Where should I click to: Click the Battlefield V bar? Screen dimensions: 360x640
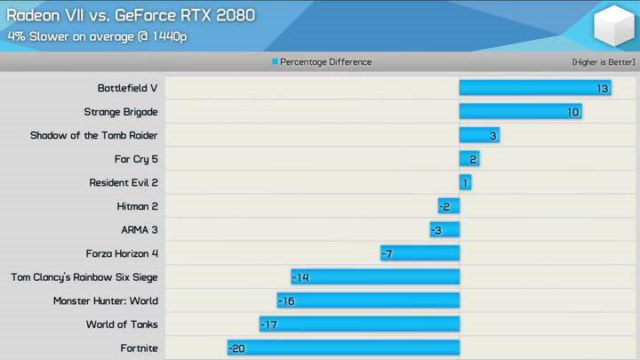[534, 88]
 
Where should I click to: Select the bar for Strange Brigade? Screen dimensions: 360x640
[520, 112]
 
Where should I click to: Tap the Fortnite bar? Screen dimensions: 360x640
[343, 348]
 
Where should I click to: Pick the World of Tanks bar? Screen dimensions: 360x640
[359, 324]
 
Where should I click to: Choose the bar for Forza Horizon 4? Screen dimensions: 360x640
[420, 253]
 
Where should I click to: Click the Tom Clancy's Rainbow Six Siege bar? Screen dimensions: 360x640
[375, 277]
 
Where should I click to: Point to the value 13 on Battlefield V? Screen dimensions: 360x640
[603, 88]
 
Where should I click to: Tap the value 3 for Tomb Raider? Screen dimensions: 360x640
[493, 135]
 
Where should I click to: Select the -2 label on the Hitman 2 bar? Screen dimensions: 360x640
[446, 206]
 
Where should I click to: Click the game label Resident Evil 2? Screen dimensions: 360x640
[124, 183]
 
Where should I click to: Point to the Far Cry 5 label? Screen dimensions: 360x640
[136, 159]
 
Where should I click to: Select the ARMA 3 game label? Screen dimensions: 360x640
[140, 230]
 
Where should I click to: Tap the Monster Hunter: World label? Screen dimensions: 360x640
[106, 301]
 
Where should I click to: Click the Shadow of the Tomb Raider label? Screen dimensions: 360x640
[94, 135]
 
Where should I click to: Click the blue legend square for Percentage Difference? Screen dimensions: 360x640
[275, 62]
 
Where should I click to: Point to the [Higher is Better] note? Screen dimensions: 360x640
[602, 62]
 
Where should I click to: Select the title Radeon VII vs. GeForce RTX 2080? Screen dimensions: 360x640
[131, 15]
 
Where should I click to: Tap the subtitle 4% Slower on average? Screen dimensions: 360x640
[97, 36]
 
